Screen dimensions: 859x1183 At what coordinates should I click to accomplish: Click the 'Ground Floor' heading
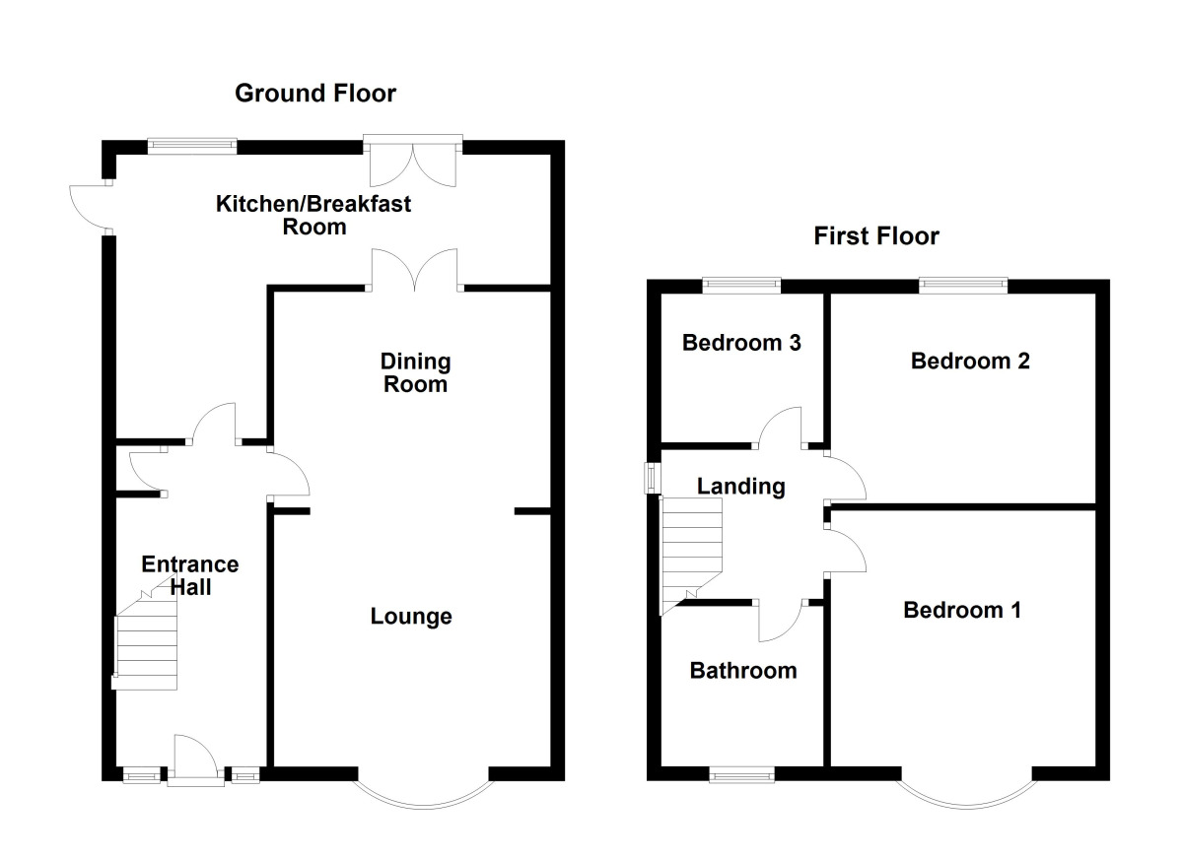click(x=315, y=94)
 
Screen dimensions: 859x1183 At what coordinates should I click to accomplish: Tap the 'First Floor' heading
click(x=876, y=236)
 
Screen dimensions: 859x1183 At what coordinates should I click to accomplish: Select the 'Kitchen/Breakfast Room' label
click(x=314, y=216)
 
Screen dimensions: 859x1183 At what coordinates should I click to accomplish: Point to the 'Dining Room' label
click(x=416, y=372)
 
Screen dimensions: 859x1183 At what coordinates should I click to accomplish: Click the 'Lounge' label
click(x=411, y=617)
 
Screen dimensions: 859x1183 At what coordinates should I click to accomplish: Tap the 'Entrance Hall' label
click(x=190, y=575)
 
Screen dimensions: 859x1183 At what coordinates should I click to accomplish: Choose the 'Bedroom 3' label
click(x=741, y=343)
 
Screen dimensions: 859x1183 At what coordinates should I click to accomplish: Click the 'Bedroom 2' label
click(x=970, y=361)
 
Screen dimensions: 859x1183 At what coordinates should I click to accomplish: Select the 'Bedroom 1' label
click(x=962, y=611)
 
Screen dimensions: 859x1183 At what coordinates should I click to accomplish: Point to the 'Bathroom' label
click(x=743, y=671)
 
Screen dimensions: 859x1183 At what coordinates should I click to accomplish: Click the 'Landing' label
click(x=741, y=486)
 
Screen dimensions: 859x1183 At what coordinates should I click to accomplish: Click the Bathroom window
click(x=742, y=775)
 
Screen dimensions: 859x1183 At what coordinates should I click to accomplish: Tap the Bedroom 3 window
click(x=741, y=285)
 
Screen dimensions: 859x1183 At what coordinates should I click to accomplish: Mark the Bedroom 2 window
click(x=963, y=285)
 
